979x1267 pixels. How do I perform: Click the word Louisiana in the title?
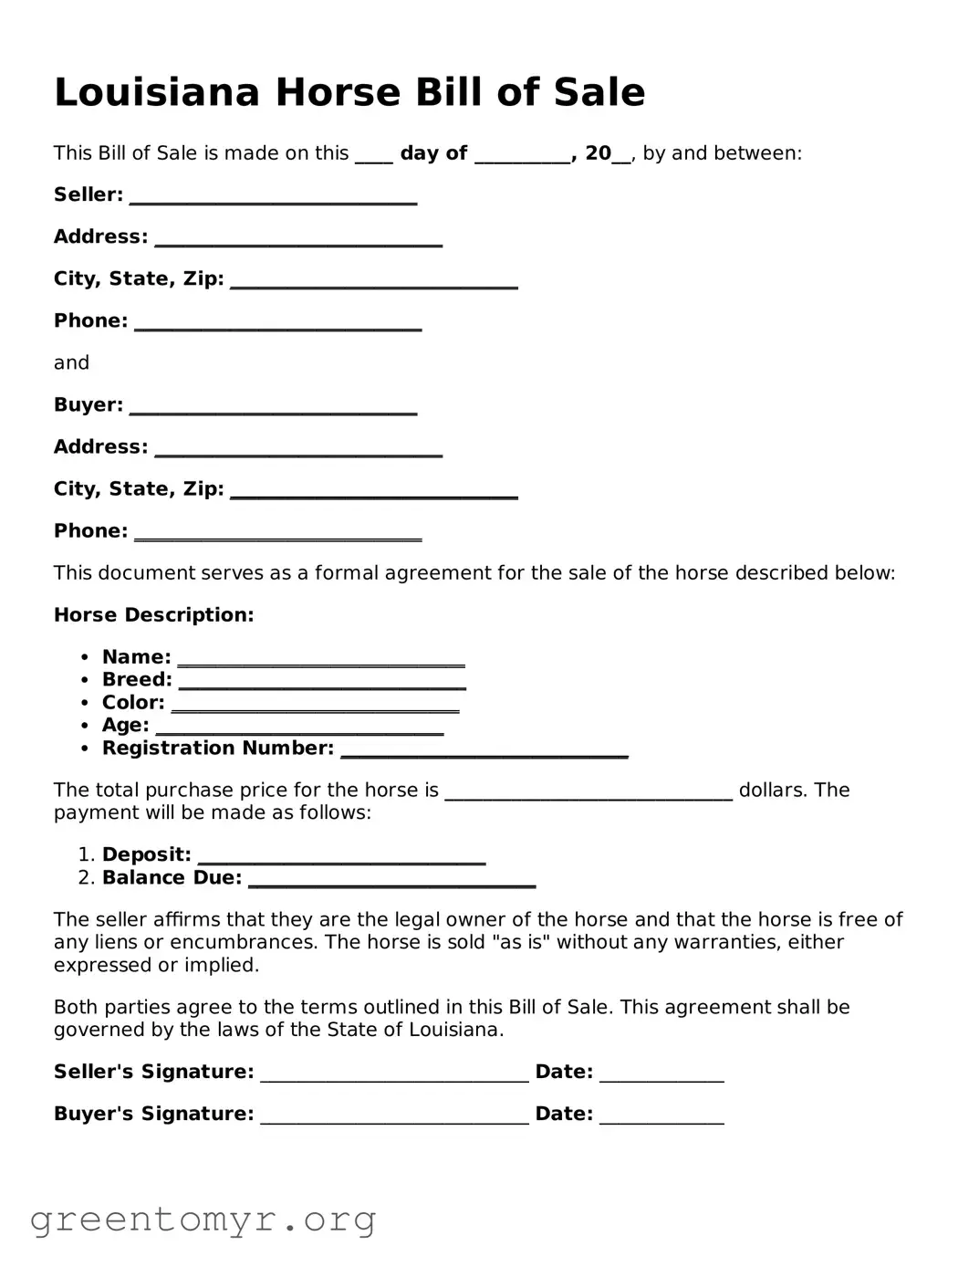(158, 92)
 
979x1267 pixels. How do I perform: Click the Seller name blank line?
(273, 198)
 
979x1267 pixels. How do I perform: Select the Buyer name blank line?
(273, 408)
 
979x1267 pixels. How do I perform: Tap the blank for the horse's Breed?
(322, 683)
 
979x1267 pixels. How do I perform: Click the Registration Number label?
(218, 749)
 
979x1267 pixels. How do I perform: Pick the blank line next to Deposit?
(341, 858)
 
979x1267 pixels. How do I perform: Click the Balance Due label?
(172, 878)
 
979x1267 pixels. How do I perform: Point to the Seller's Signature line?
(394, 1075)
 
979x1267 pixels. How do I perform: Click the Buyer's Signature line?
(394, 1117)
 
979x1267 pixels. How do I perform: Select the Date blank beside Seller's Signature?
(661, 1075)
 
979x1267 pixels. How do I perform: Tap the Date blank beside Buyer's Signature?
(661, 1117)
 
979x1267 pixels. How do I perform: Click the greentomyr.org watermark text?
(203, 1219)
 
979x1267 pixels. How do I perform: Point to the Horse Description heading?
(153, 615)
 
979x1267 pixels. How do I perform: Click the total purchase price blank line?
(588, 793)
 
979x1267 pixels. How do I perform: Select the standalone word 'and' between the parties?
(71, 363)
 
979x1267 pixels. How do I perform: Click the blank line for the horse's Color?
(315, 706)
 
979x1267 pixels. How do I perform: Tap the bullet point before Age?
(85, 726)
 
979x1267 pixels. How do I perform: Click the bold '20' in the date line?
(598, 153)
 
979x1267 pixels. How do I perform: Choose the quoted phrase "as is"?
(520, 942)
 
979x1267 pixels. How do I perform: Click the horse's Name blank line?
(321, 660)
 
